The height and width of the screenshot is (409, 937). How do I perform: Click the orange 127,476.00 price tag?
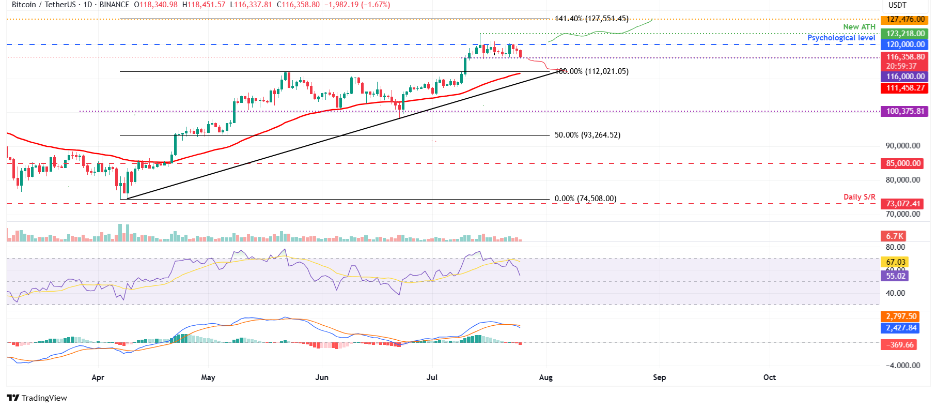(905, 20)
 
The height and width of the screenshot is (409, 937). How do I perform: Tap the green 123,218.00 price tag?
(905, 34)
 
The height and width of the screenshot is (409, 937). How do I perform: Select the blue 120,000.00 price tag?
(905, 44)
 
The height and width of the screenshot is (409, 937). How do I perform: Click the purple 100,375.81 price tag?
(905, 111)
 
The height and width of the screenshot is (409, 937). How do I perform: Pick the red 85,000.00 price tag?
(903, 163)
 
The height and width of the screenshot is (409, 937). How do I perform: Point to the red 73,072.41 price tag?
(903, 204)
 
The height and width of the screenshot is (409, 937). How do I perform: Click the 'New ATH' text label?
(859, 27)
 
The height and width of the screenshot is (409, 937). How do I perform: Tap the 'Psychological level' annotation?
(841, 38)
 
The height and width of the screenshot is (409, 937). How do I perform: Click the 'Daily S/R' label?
(859, 197)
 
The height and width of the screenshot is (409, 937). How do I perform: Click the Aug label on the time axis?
(545, 377)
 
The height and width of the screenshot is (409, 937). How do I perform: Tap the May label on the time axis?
(208, 377)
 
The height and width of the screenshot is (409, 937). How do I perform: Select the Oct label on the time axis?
(769, 377)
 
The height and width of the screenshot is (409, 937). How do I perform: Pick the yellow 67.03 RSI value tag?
(895, 262)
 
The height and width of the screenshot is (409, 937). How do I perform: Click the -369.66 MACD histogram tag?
(899, 345)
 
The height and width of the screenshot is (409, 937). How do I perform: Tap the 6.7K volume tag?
(894, 236)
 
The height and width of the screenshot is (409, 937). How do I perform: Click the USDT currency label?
(897, 5)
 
